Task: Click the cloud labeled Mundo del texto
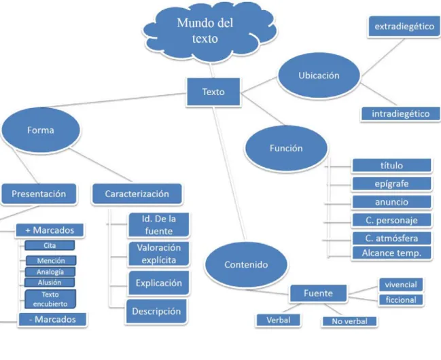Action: pyautogui.click(x=209, y=31)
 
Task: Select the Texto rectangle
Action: pyautogui.click(x=213, y=92)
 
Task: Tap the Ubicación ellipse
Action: pyautogui.click(x=319, y=75)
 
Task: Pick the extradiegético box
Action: pyautogui.click(x=404, y=26)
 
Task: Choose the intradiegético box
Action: pyautogui.click(x=400, y=113)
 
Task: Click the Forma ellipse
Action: pyautogui.click(x=41, y=130)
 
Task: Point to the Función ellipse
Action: pyautogui.click(x=286, y=148)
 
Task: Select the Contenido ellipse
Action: pyautogui.click(x=246, y=265)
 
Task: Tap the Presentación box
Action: pyautogui.click(x=39, y=194)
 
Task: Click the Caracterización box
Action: pyautogui.click(x=137, y=194)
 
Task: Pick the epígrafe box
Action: pyautogui.click(x=392, y=184)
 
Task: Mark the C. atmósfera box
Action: pyautogui.click(x=392, y=238)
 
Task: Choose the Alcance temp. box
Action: pyautogui.click(x=392, y=253)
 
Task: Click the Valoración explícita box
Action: pyautogui.click(x=159, y=253)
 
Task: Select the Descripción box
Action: pyautogui.click(x=156, y=311)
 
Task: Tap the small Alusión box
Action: pyautogui.click(x=50, y=283)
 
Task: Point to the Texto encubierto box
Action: pyautogui.click(x=50, y=300)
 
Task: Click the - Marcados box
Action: pyautogui.click(x=52, y=319)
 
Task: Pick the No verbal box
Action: pyautogui.click(x=349, y=321)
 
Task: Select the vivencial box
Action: pyautogui.click(x=401, y=285)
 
